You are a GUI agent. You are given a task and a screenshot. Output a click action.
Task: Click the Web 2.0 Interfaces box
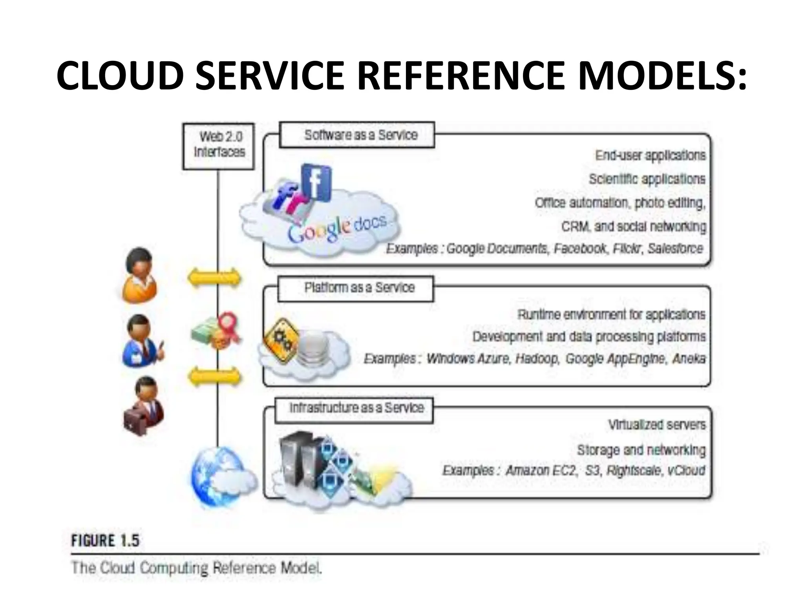(x=219, y=146)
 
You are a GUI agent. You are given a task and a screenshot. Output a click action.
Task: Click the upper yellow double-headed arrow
(x=214, y=278)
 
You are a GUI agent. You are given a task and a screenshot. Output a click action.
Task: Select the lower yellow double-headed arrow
(x=214, y=377)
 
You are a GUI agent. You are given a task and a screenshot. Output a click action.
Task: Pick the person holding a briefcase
(x=143, y=406)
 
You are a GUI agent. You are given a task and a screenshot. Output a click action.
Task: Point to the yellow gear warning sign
(x=281, y=340)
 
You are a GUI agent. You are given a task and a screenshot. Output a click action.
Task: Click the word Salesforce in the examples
(x=675, y=249)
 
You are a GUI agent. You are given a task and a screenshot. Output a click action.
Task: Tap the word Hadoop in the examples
(x=537, y=359)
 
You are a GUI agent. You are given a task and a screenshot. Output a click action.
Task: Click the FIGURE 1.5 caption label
(x=105, y=541)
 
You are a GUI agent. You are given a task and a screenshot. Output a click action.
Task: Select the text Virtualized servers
(x=657, y=425)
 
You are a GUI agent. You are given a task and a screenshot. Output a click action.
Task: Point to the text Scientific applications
(x=647, y=179)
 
